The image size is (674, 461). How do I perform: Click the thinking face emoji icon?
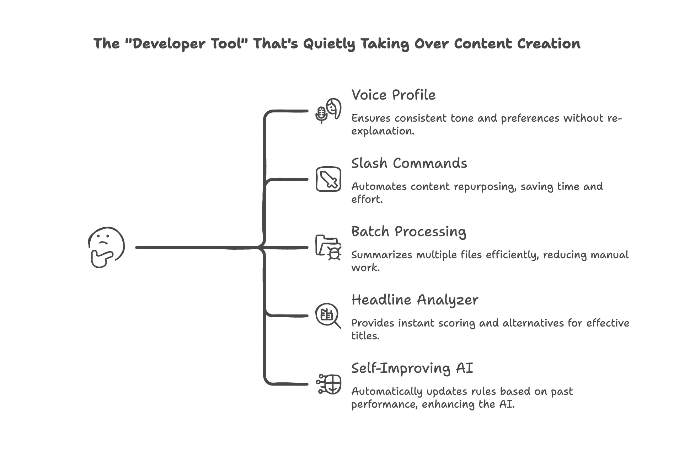(x=106, y=247)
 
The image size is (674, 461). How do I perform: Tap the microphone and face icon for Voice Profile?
(x=328, y=111)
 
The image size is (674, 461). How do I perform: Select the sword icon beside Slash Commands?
(x=328, y=179)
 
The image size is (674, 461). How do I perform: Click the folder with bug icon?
(x=328, y=247)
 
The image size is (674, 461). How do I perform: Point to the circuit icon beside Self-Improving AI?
(x=328, y=384)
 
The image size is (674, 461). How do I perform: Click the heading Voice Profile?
(x=393, y=95)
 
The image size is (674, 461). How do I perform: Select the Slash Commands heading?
(x=409, y=163)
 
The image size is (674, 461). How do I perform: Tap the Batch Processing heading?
(x=408, y=232)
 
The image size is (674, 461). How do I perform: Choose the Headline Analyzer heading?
(x=414, y=300)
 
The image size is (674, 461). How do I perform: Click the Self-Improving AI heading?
(x=412, y=368)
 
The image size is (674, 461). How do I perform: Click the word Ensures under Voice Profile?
(x=371, y=118)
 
